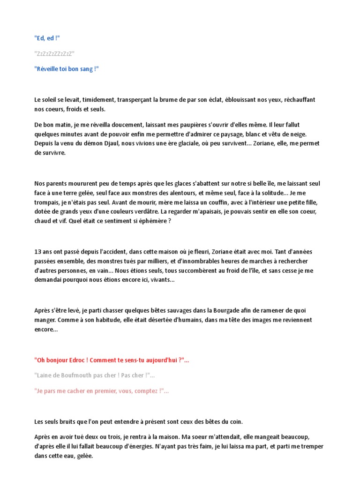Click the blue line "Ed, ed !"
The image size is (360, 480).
(47, 38)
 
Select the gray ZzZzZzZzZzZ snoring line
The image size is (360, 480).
(54, 53)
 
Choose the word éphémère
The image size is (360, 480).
(151, 221)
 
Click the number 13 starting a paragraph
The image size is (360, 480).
(38, 252)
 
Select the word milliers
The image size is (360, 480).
(139, 261)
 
